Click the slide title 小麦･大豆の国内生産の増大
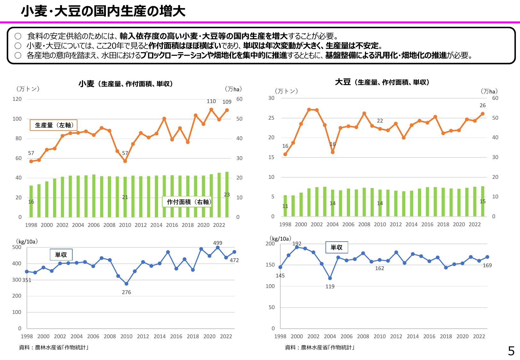(x=103, y=12)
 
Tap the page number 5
(x=511, y=351)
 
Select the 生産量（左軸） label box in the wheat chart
(x=54, y=125)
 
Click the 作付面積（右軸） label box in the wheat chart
(x=187, y=202)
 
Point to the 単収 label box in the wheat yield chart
(x=61, y=255)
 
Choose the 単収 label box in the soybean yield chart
(x=336, y=247)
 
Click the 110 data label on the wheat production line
(x=211, y=101)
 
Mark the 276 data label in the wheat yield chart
(x=126, y=292)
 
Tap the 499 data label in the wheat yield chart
(x=218, y=243)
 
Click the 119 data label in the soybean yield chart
(x=330, y=286)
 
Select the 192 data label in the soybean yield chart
(x=297, y=244)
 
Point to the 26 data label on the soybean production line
(x=483, y=106)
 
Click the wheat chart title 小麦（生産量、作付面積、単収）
(x=126, y=84)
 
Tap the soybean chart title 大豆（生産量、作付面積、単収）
(x=382, y=82)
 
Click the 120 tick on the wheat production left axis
(x=17, y=99)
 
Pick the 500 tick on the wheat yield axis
(x=17, y=247)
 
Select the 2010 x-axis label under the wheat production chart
(x=125, y=225)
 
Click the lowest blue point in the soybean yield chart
(x=330, y=278)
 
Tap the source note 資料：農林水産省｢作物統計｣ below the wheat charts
(x=54, y=348)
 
